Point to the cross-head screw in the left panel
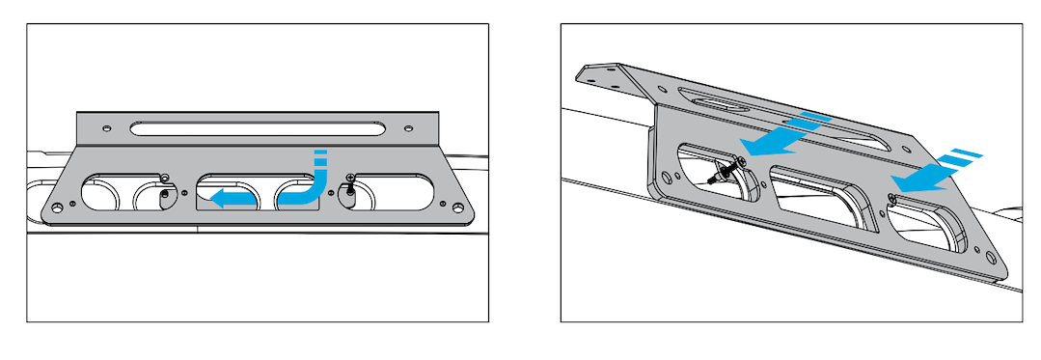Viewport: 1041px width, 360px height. pyautogui.click(x=350, y=177)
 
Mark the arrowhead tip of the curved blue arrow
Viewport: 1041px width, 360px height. pyautogui.click(x=215, y=200)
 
